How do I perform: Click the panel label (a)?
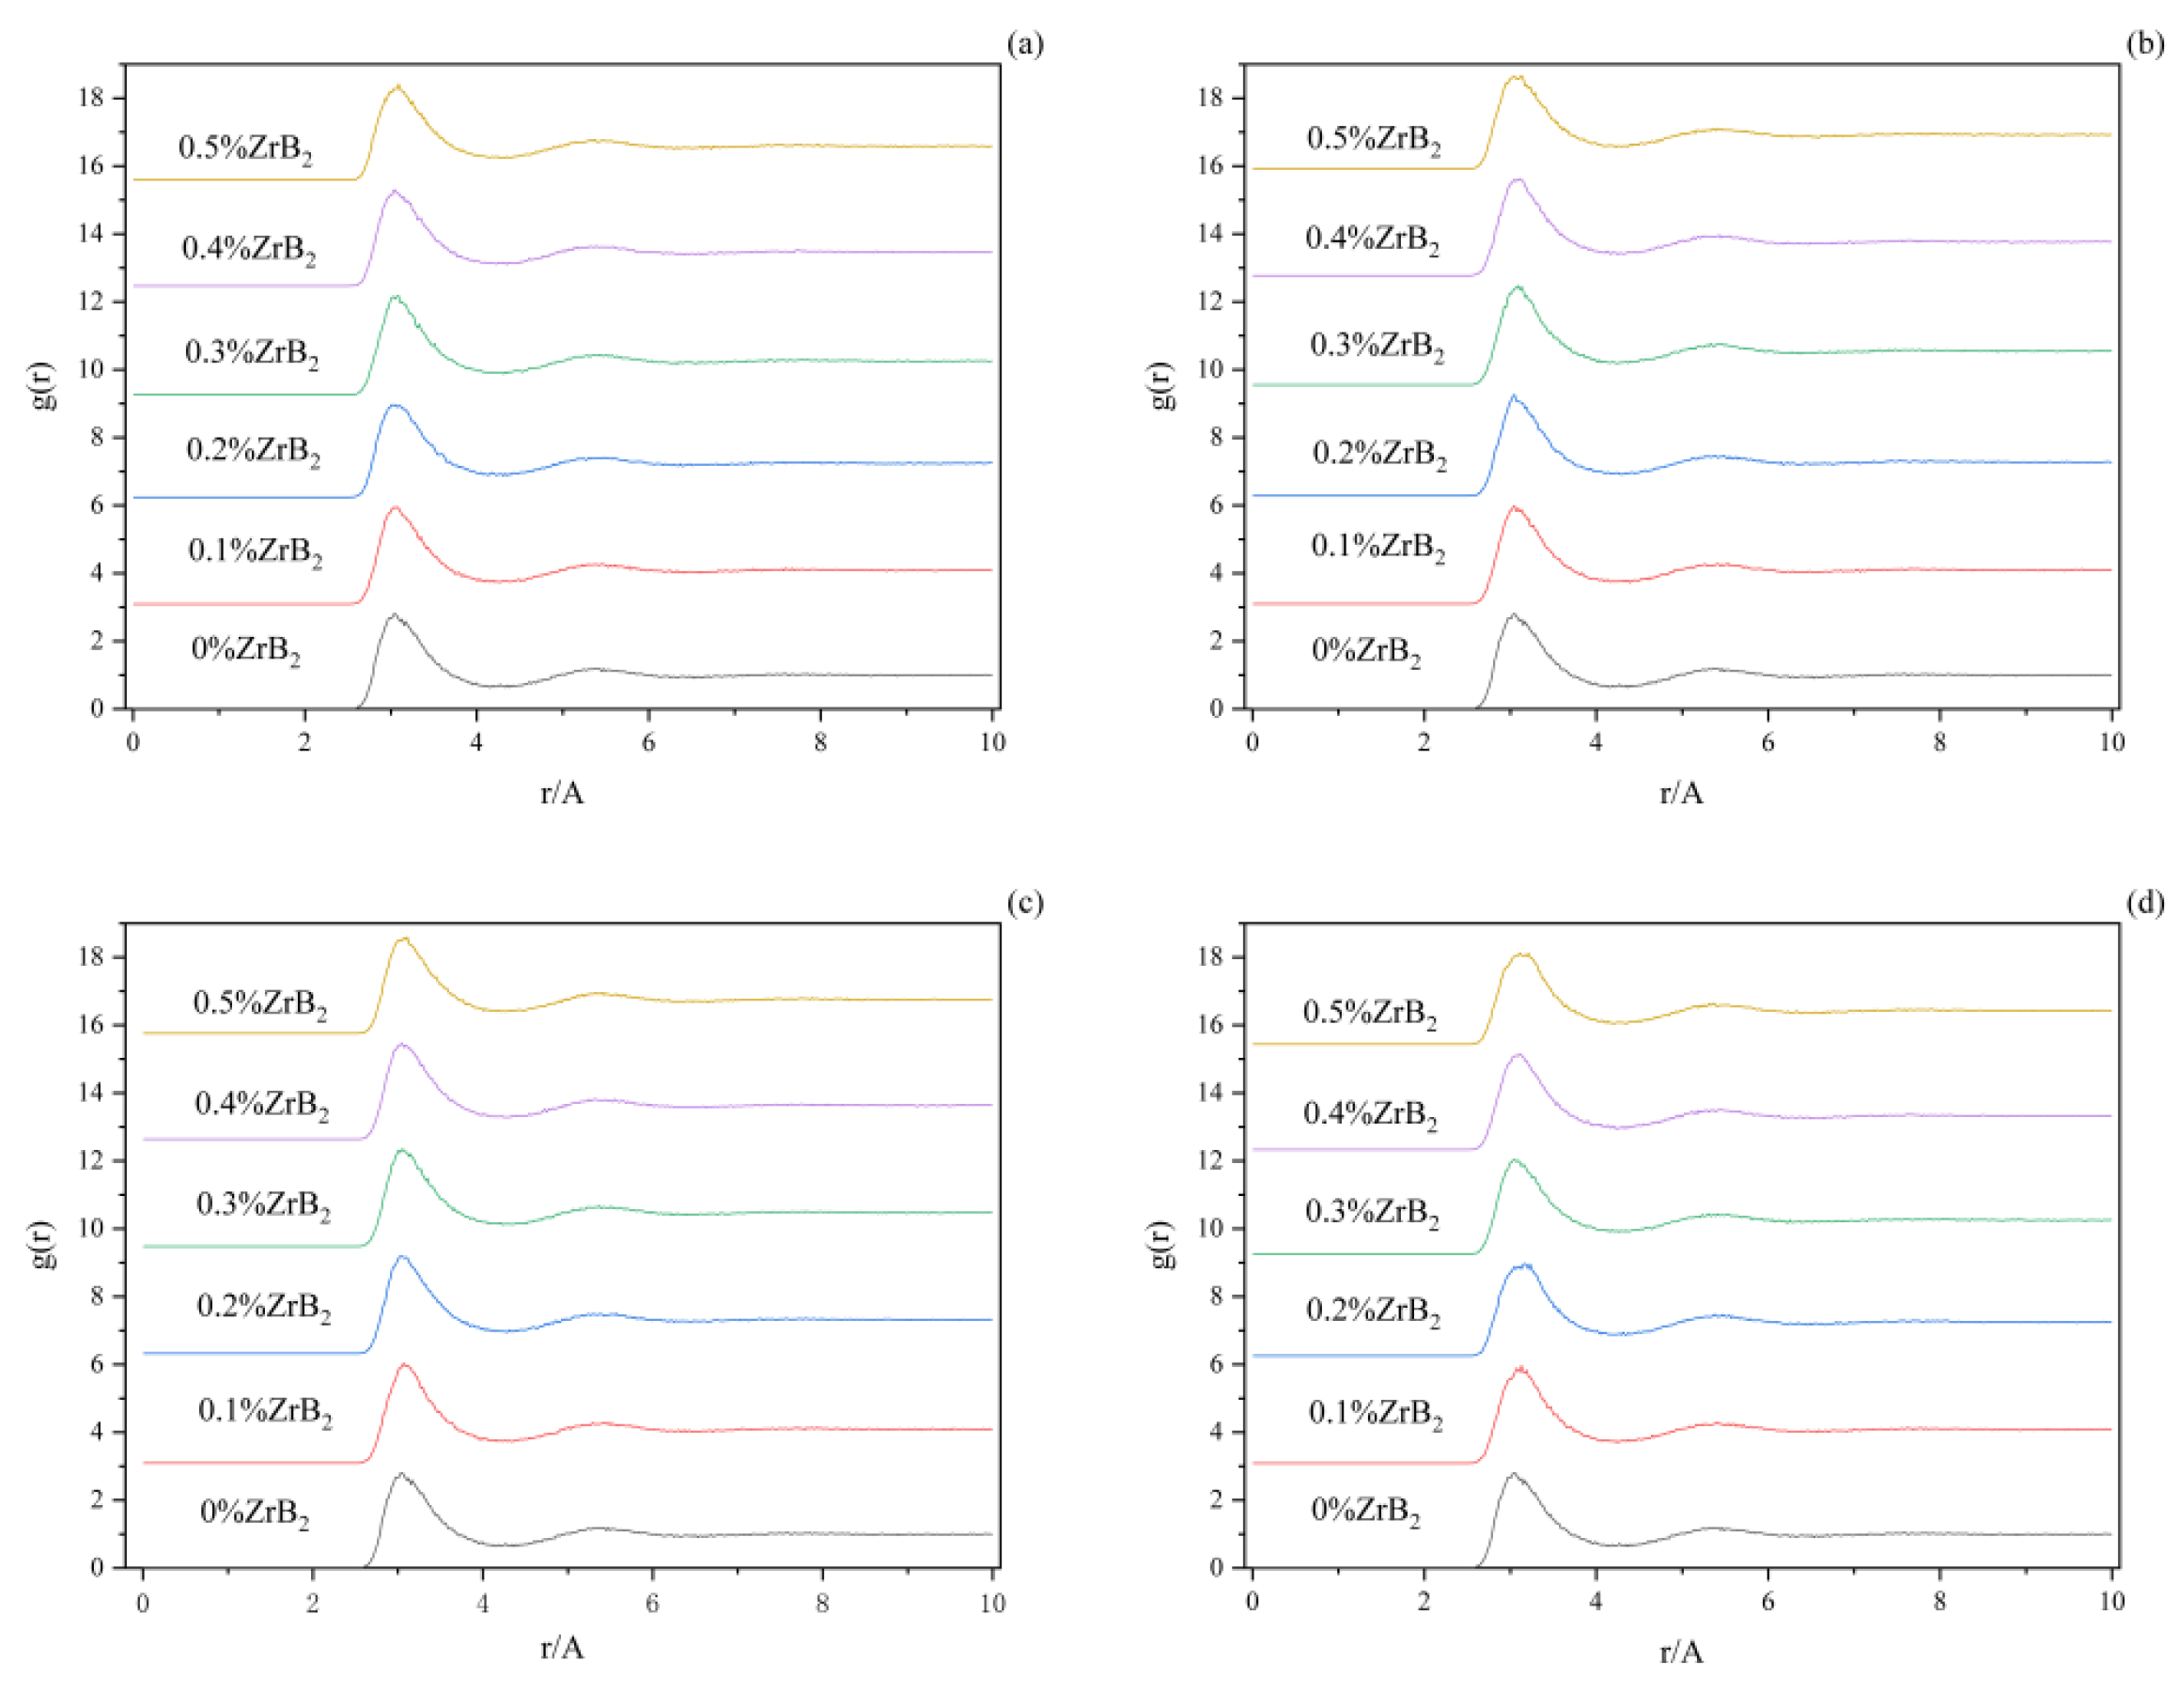(x=1024, y=45)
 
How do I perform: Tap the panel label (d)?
(x=2144, y=904)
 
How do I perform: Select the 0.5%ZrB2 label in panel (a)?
(x=244, y=148)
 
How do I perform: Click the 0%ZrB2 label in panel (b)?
(x=1366, y=651)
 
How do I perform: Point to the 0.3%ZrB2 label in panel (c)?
(x=262, y=1205)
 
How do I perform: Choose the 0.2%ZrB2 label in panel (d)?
(x=1373, y=1311)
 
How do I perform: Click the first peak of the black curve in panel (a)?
(x=394, y=615)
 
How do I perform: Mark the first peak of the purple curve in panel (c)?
(x=402, y=1045)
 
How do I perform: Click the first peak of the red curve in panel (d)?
(x=1519, y=1370)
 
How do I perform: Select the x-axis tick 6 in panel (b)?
(x=1768, y=742)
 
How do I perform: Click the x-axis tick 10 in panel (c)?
(x=991, y=1602)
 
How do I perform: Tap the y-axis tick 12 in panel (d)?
(x=1210, y=1160)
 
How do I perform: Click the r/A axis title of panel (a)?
(x=562, y=793)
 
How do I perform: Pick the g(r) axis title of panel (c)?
(x=42, y=1244)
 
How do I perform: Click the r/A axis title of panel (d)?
(x=1681, y=1653)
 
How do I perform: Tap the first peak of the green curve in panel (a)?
(x=395, y=297)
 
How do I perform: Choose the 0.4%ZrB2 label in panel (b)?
(x=1372, y=240)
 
